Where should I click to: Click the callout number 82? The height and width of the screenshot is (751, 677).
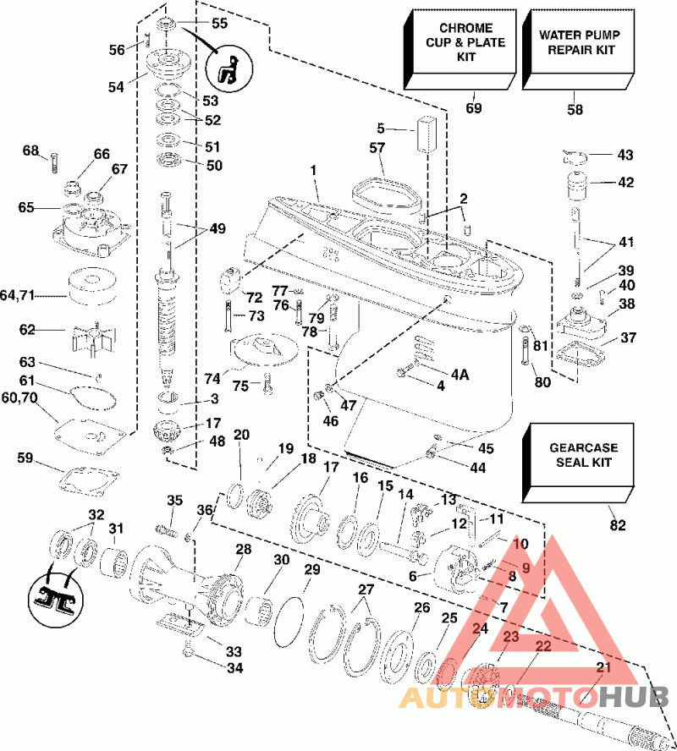coord(618,526)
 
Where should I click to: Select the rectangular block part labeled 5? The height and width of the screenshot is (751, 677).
coord(425,133)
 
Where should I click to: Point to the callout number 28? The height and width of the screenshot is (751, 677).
coord(244,551)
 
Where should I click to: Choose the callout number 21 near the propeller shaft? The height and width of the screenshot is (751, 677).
coord(603,668)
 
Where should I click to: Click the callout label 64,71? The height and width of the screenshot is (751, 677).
coord(19,294)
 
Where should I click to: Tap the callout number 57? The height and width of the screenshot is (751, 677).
coord(378,148)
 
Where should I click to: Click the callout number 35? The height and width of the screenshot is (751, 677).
coord(175,501)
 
